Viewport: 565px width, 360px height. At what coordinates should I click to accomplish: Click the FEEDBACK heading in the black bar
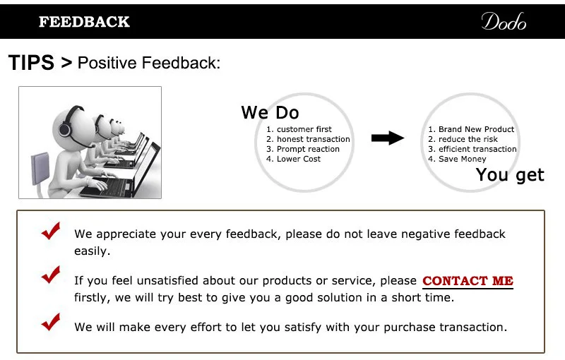[84, 22]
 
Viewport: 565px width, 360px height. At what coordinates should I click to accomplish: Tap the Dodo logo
[504, 22]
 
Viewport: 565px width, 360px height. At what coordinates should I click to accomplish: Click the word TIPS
[31, 63]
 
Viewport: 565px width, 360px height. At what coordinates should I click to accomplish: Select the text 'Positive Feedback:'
[149, 63]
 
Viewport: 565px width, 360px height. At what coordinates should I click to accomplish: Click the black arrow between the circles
[388, 138]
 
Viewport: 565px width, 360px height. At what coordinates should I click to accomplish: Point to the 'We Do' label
[270, 112]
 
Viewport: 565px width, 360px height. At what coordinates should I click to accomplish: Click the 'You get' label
[510, 174]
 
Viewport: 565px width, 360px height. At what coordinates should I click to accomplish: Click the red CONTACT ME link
[468, 281]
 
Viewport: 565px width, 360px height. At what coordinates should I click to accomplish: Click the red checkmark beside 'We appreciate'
[50, 232]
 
